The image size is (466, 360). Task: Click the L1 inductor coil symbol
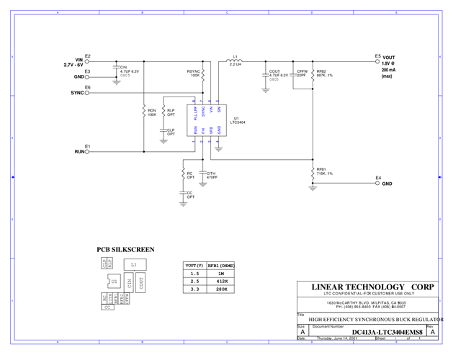pos(234,60)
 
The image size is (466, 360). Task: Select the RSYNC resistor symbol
pos(203,73)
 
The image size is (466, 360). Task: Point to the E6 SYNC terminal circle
pos(87,93)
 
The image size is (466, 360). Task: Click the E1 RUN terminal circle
pos(87,152)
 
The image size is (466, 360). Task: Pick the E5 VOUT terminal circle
pos(377,60)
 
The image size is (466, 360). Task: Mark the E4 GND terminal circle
pos(377,184)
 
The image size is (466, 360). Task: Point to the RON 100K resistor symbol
pos(144,112)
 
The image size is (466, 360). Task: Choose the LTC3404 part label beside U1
pos(238,122)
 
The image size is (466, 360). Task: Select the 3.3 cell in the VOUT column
pos(193,289)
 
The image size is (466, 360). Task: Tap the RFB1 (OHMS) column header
pos(221,265)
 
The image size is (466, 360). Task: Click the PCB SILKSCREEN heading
pos(125,250)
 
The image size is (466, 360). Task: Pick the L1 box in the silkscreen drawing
pos(133,265)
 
